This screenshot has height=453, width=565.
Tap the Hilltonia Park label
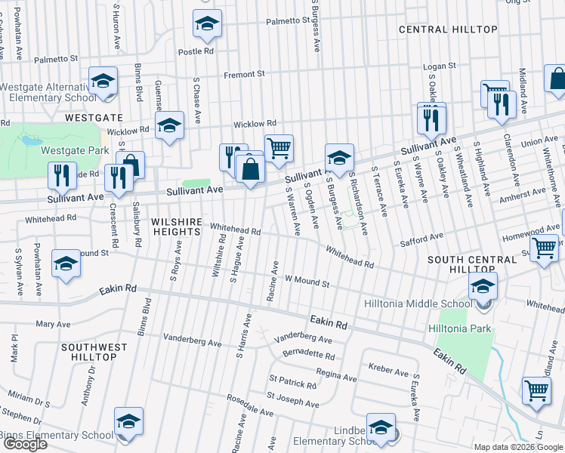coord(460,328)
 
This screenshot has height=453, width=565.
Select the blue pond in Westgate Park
coord(32,140)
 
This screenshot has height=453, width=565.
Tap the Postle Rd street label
coord(196,51)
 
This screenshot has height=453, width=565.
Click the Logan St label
coord(440,66)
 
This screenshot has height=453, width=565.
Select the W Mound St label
coord(307,281)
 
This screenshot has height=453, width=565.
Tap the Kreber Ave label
coord(389,370)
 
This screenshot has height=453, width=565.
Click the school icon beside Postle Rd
coord(207,24)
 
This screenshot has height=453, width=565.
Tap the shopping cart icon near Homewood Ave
coord(544,247)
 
